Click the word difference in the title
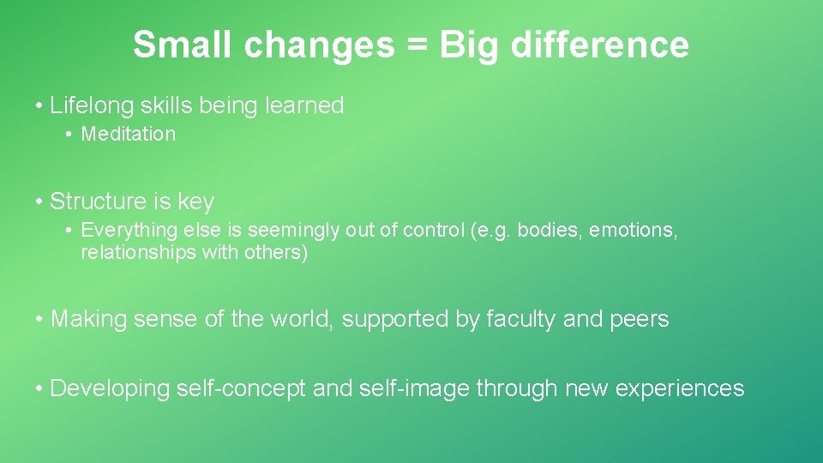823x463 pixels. (600, 45)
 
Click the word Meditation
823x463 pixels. (129, 135)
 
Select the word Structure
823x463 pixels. (99, 201)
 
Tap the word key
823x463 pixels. (195, 202)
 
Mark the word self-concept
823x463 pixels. (241, 388)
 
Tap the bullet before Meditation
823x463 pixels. (68, 135)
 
